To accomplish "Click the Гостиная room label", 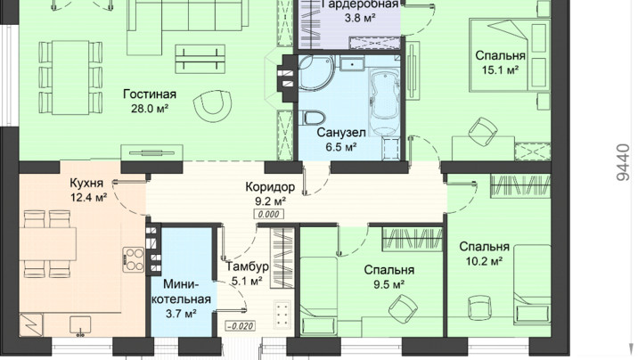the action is pos(150,94).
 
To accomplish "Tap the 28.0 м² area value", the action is pos(150,109).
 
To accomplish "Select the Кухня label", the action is pos(86,183).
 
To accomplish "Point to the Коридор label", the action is pos(270,187).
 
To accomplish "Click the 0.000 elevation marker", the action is pos(268,215).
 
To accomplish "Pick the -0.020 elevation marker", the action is pos(241,326).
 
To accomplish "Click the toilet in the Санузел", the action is pos(314,118).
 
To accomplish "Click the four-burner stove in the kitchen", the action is pos(134,259).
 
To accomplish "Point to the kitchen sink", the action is pos(80,325).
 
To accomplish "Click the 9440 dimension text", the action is pos(623,161).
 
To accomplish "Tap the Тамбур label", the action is pos(248,266).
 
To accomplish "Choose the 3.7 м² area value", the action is pos(181,314).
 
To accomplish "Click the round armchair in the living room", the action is pos(212,106).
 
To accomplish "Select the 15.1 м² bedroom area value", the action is pos(501,70).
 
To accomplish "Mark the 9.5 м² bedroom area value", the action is pos(389,284).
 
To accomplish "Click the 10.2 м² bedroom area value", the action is pos(484,261).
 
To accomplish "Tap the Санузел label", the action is pos(341,133).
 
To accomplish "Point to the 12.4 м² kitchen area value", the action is pos(88,198).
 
